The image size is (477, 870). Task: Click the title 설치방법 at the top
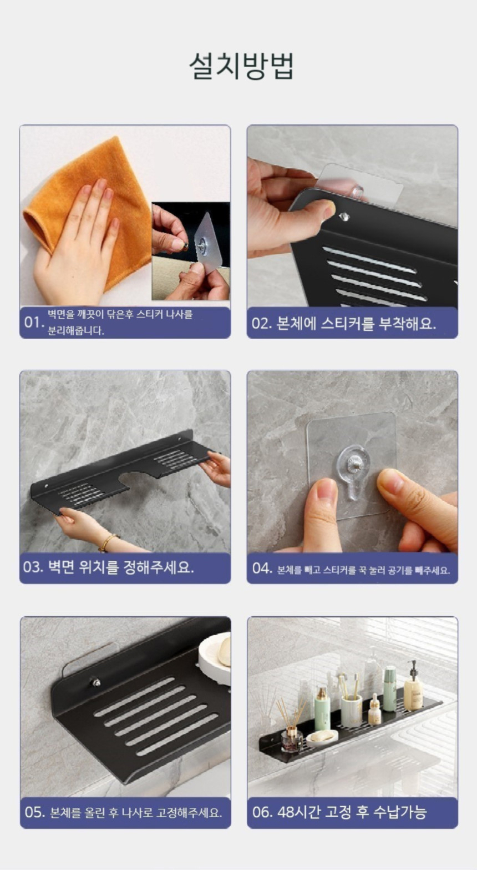[x=241, y=67]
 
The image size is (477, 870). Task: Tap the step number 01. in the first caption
[x=33, y=323]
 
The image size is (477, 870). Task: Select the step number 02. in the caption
[x=262, y=323]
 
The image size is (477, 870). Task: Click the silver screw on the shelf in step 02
[x=343, y=217]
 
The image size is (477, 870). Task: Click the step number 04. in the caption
[x=262, y=569]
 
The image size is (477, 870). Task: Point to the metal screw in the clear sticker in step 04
[x=352, y=463]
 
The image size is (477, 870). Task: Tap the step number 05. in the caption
[x=35, y=812]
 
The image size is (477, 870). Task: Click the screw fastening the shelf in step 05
[x=95, y=682]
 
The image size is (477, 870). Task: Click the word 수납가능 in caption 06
[x=400, y=812]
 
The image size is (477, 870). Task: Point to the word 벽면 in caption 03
[x=61, y=567]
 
